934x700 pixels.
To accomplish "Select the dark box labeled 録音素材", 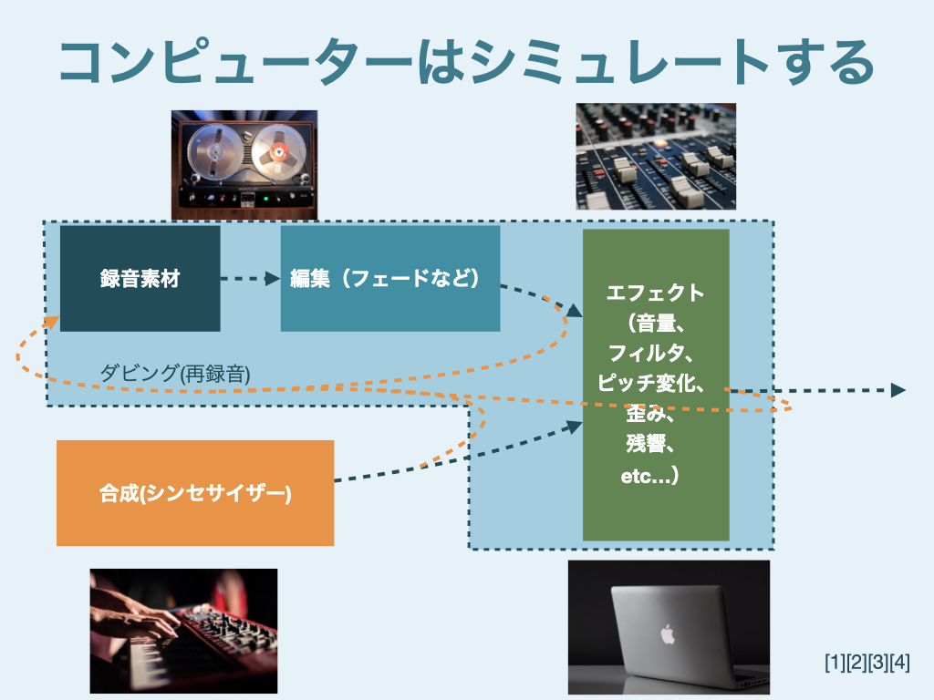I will pos(140,279).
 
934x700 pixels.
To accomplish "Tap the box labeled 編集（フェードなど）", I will pos(389,278).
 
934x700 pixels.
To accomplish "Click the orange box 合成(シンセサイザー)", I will pos(194,493).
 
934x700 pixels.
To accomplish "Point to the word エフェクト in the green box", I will pos(655,293).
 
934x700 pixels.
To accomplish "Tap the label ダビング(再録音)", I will pos(174,373).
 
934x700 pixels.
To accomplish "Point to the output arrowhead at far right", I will pos(898,390).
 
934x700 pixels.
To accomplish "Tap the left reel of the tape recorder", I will pos(212,152).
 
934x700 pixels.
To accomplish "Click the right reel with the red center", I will pos(276,152).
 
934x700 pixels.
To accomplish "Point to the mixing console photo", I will pos(656,156).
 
